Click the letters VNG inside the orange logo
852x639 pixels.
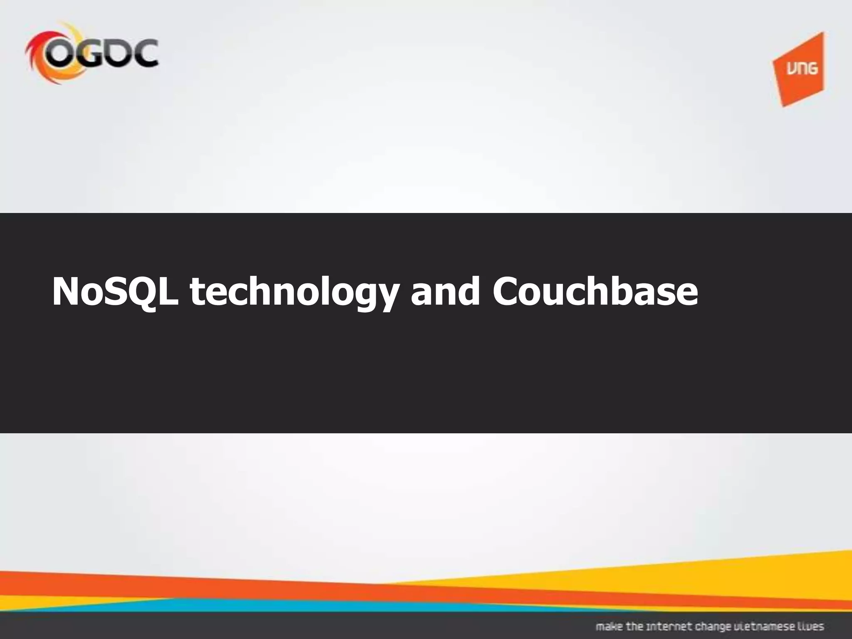click(801, 68)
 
